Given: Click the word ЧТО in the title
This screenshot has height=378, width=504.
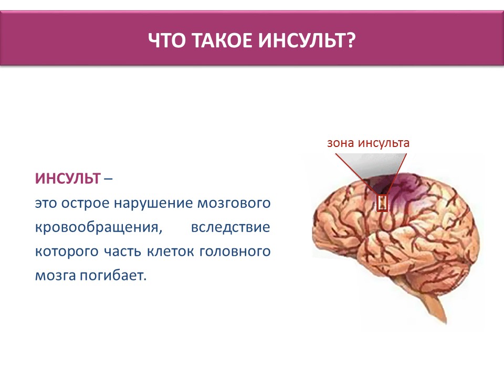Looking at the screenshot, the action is [x=167, y=40].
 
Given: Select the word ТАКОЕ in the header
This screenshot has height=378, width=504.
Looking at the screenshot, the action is [x=223, y=40].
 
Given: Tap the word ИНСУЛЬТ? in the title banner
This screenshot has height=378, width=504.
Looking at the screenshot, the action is [x=307, y=40].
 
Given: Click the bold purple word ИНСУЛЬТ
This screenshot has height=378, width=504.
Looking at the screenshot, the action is [x=68, y=178].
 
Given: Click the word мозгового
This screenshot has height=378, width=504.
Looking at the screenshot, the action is [x=234, y=204].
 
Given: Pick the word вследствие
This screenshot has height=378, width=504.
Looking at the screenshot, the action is [x=230, y=228].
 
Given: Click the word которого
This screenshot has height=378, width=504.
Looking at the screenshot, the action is [x=67, y=251].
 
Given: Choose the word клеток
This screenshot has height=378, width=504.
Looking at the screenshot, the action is [x=170, y=251].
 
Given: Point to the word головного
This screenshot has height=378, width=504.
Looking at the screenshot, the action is [x=235, y=251].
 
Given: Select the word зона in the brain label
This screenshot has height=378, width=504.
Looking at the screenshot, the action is [x=341, y=143].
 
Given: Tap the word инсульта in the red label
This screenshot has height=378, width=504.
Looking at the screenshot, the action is [x=384, y=143].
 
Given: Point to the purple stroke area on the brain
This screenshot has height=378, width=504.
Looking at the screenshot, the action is [x=400, y=192].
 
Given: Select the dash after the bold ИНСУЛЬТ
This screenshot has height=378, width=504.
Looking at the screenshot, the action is [x=108, y=179].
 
